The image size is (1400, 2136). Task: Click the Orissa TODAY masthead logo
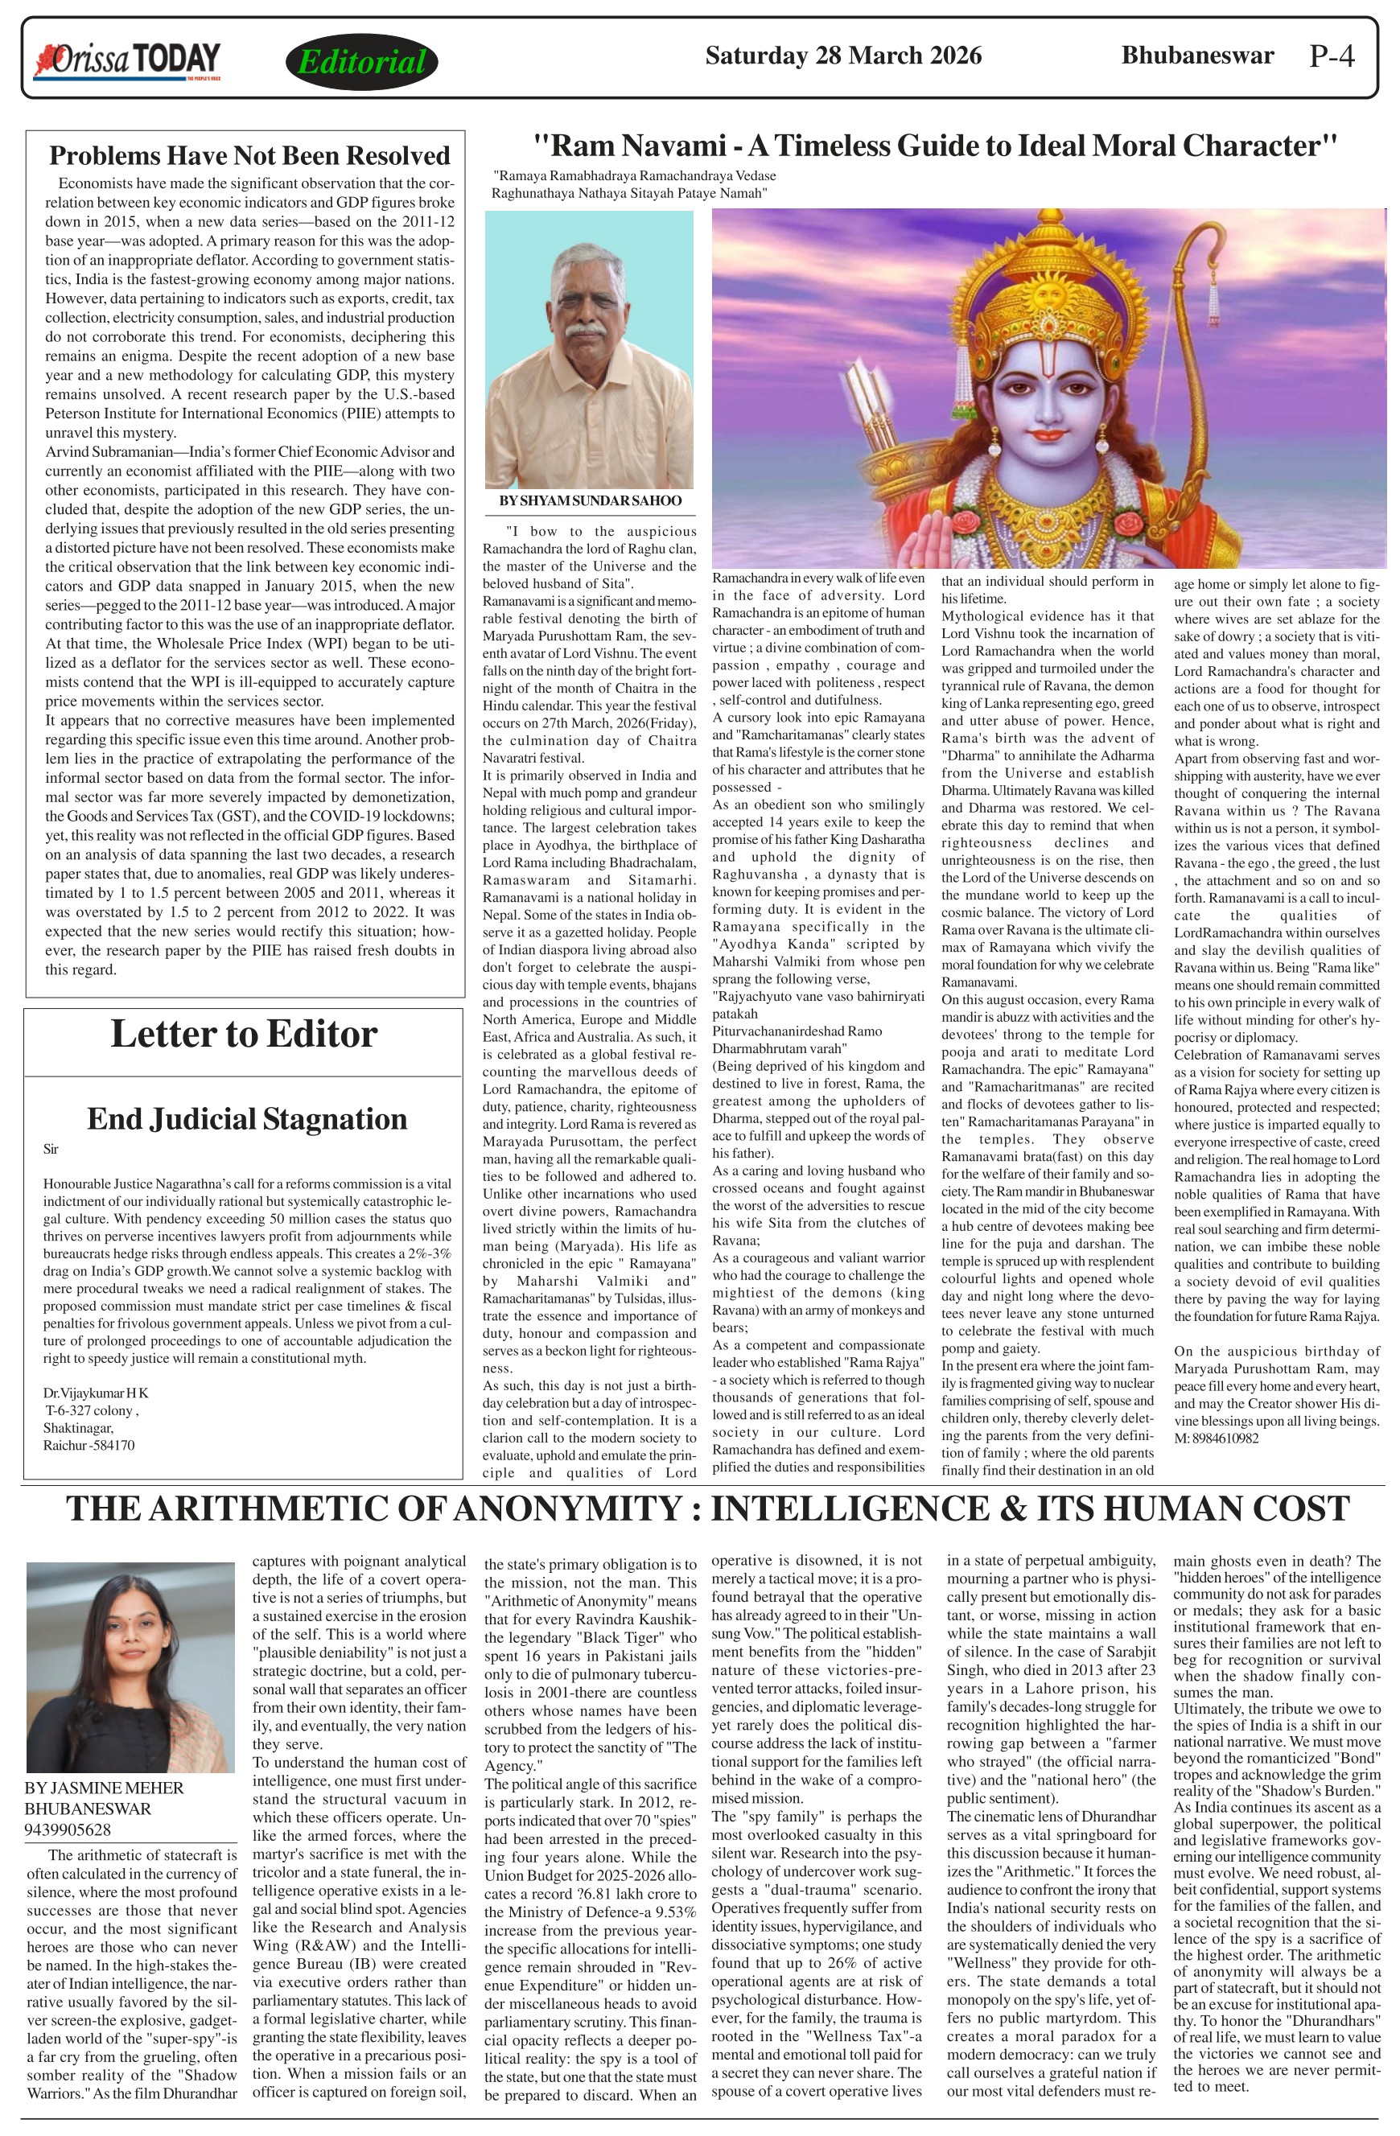[126, 60]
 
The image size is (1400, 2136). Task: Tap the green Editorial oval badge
[362, 62]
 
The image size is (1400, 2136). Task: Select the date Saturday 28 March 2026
[842, 56]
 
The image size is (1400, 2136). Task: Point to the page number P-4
[1331, 56]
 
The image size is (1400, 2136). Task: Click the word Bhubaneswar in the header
[1197, 56]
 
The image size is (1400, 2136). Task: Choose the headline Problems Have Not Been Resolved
[249, 155]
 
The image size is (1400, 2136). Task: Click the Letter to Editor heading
[243, 1034]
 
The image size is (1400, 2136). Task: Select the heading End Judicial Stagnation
[247, 1119]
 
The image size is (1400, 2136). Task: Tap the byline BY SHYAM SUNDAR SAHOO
[590, 500]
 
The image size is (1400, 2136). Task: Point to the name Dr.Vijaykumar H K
[96, 1393]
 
